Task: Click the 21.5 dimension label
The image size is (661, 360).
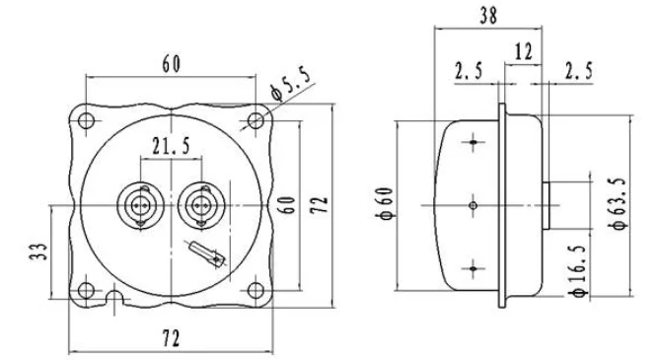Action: pyautogui.click(x=171, y=146)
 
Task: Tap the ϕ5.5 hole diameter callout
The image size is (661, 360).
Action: pyautogui.click(x=292, y=85)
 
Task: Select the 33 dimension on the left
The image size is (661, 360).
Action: pyautogui.click(x=38, y=252)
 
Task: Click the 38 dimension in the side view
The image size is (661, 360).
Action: pyautogui.click(x=488, y=16)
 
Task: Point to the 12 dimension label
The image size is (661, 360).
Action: pyautogui.click(x=524, y=52)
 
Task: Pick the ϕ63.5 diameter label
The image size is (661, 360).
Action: pyautogui.click(x=618, y=204)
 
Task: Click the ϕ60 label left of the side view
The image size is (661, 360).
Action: pyautogui.click(x=385, y=203)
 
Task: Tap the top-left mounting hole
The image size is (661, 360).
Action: pyautogui.click(x=87, y=121)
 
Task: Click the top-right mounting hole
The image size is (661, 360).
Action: pyautogui.click(x=256, y=121)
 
